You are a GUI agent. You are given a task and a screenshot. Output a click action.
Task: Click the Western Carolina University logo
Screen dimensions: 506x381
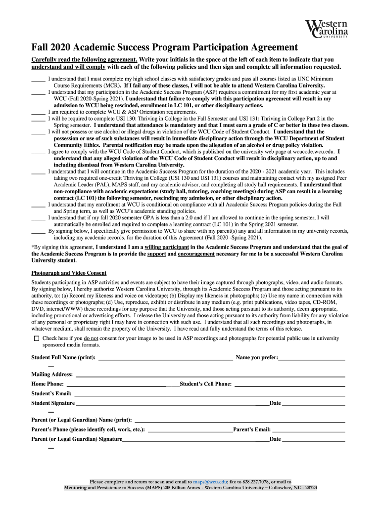[327, 29]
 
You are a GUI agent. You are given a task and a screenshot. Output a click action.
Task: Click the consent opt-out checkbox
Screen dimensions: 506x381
[36, 338]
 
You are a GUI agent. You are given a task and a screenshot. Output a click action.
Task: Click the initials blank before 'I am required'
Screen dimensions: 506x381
[38, 112]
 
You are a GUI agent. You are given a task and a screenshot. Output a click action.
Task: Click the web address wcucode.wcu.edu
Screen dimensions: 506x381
[311, 152]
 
